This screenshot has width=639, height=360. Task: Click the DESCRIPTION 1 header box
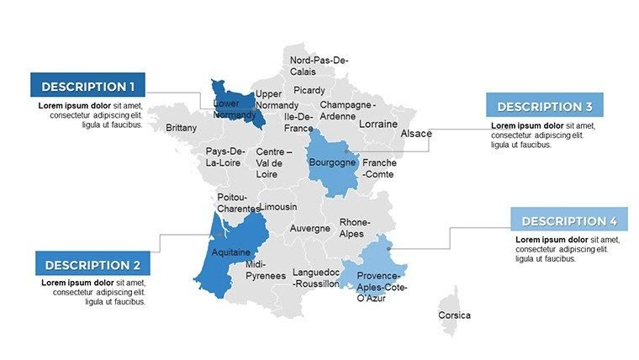[x=87, y=86]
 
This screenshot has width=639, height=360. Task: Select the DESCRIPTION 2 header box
[x=92, y=264]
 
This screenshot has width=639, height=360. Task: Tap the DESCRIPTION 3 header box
[x=544, y=106]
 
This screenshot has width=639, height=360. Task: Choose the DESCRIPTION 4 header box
[x=569, y=220]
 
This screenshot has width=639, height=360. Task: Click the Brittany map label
[x=182, y=128]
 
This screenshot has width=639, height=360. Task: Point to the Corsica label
[x=454, y=315]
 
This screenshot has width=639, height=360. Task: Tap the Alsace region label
[x=416, y=134]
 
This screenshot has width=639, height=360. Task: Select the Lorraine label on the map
[x=378, y=124]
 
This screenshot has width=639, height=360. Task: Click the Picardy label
[x=309, y=90]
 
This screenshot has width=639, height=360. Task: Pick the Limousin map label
[x=277, y=206]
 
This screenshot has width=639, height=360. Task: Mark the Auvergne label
[x=309, y=228]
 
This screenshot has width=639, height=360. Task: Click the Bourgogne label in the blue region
[x=332, y=162]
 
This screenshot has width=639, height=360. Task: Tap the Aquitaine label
[x=230, y=251]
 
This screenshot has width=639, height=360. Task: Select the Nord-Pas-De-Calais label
[x=319, y=66]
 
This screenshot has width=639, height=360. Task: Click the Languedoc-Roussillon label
[x=315, y=278]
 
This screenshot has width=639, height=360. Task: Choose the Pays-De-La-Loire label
[x=224, y=156]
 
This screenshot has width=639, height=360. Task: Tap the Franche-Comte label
[x=379, y=167]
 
